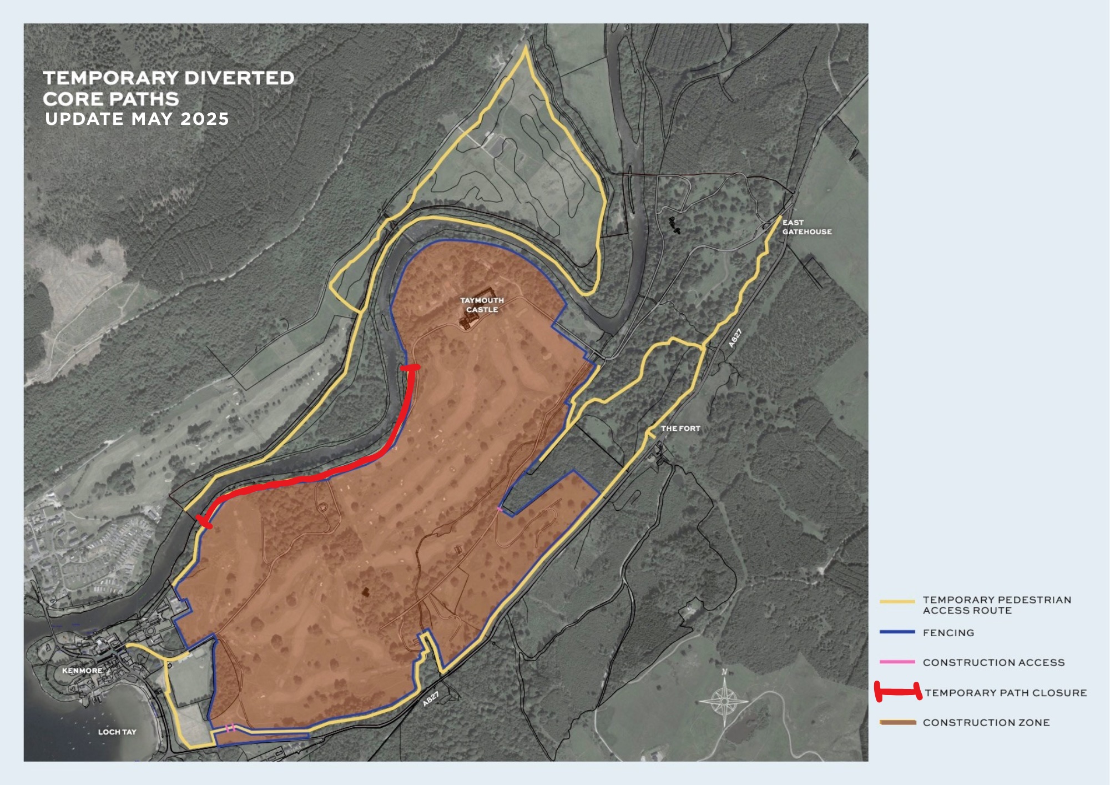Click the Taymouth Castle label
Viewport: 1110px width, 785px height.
482,305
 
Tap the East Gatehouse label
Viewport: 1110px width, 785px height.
806,227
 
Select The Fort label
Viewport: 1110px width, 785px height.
680,429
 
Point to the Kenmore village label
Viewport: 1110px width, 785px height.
82,671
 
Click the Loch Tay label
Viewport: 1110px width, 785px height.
117,732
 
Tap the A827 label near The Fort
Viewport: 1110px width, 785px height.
735,338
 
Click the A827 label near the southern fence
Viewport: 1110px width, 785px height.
431,699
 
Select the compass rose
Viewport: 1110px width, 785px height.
724,701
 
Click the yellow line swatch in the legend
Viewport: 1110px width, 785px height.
897,601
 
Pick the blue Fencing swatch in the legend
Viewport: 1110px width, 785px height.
897,632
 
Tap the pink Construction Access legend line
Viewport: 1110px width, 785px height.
897,662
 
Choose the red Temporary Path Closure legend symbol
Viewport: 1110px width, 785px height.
897,692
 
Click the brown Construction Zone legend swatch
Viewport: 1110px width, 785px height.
897,722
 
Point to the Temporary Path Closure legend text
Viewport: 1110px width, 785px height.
1005,693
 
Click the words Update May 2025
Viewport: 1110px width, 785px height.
137,119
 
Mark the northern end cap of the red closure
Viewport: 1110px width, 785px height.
411,368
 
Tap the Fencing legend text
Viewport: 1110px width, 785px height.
948,633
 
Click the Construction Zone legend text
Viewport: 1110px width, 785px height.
986,723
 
